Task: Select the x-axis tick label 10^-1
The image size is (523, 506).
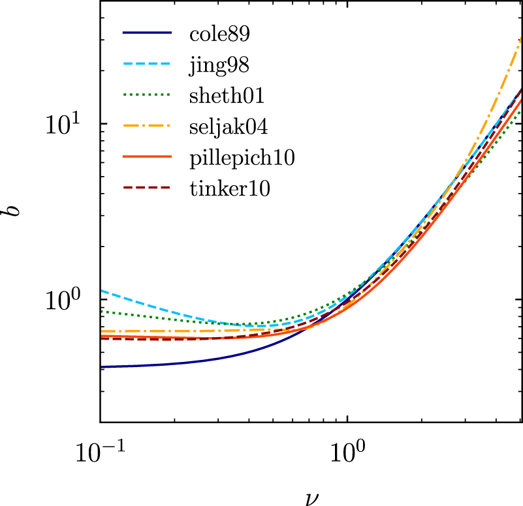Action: click(99, 454)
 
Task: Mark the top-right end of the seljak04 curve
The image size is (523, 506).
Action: click(521, 38)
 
